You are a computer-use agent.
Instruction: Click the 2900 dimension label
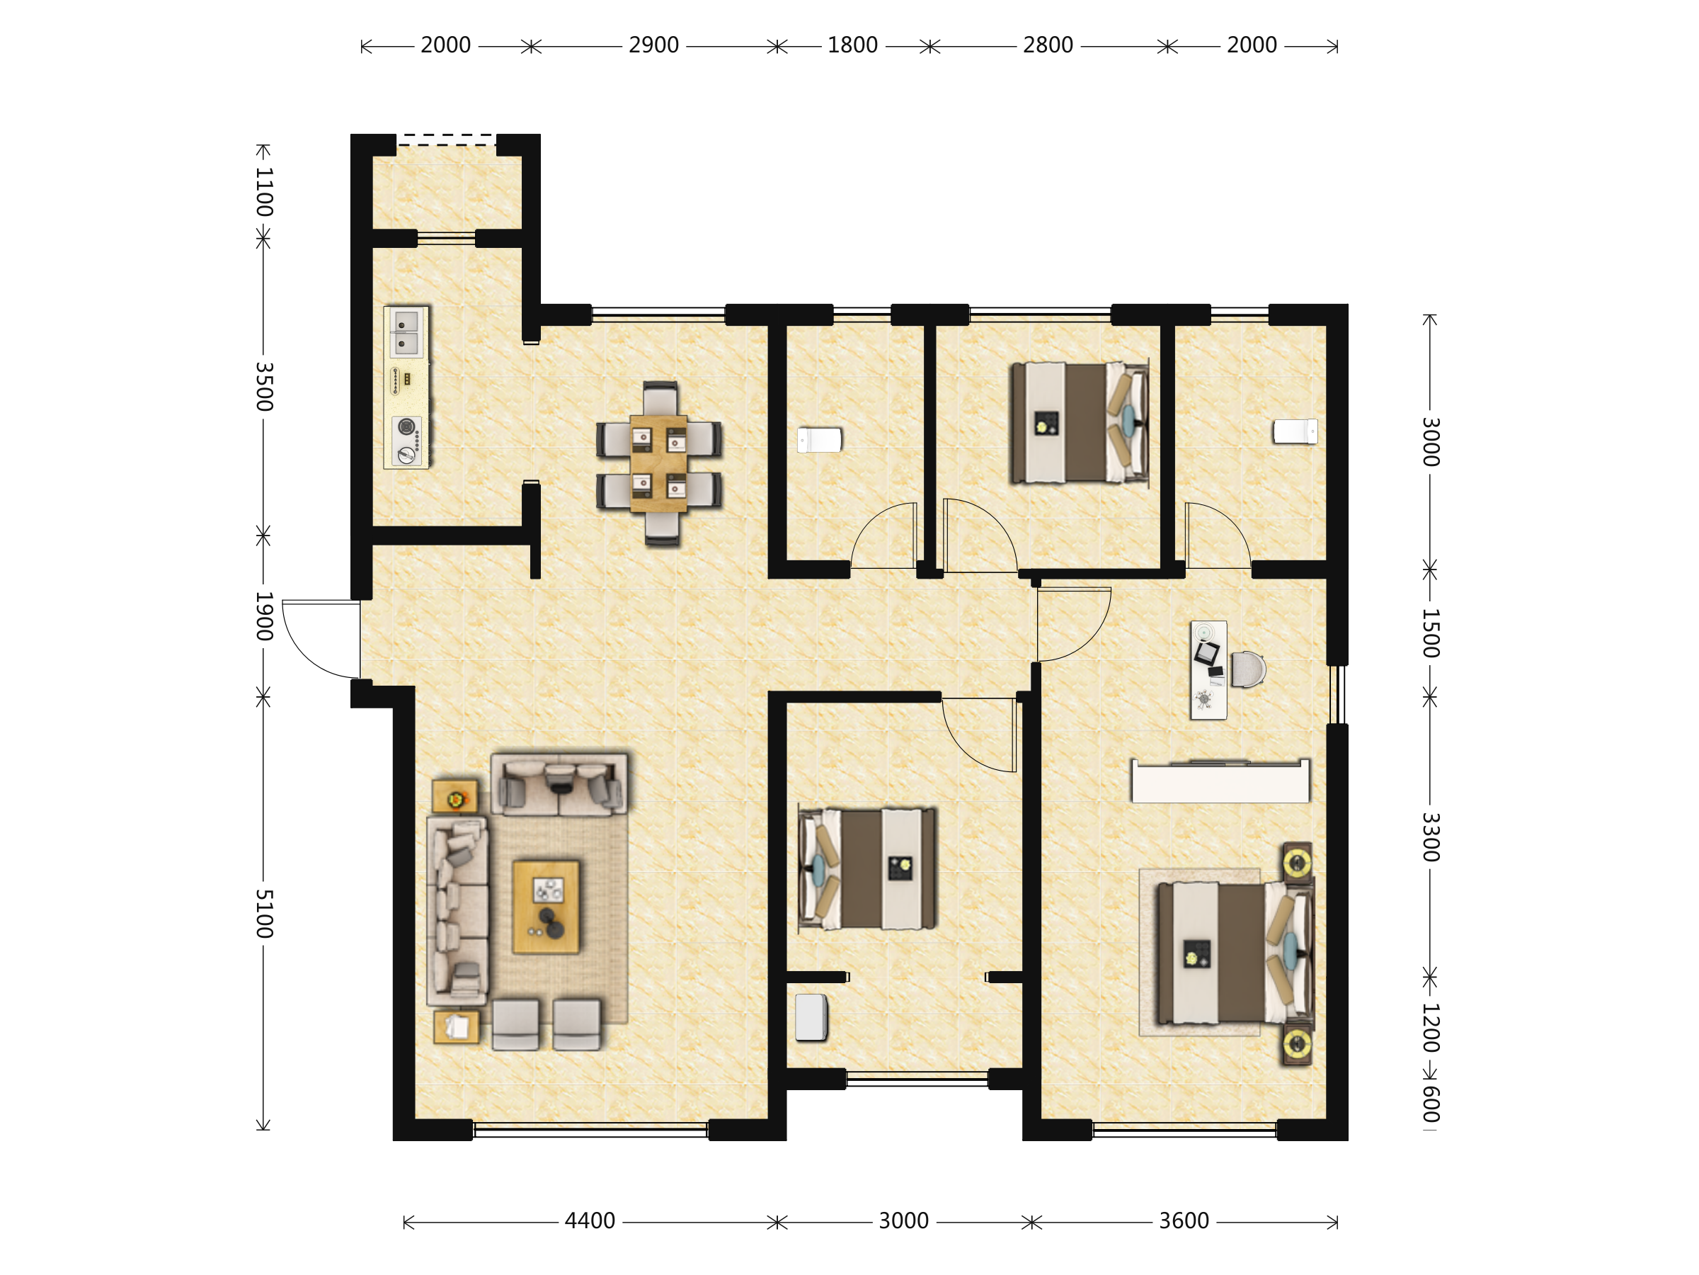tap(653, 45)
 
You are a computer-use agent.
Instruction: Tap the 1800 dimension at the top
tap(852, 45)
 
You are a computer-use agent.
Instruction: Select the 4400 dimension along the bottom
tap(590, 1221)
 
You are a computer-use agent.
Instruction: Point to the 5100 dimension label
tap(264, 914)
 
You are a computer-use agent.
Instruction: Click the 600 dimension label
tap(1430, 1104)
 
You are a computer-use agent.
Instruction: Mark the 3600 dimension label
tap(1184, 1221)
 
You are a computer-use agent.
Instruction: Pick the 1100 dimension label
tap(264, 192)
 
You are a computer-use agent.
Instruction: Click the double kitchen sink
tap(406, 333)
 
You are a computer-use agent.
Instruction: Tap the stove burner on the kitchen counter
tap(406, 441)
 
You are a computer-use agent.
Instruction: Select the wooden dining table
tap(658, 463)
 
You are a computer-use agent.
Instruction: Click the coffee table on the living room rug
tap(546, 907)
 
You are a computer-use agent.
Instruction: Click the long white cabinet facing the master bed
tap(1220, 781)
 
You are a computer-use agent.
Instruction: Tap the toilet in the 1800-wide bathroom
tap(820, 441)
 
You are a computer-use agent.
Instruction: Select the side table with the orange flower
tap(454, 797)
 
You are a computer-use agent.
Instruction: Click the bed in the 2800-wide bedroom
tap(1079, 423)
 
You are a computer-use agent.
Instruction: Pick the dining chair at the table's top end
tap(660, 398)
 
